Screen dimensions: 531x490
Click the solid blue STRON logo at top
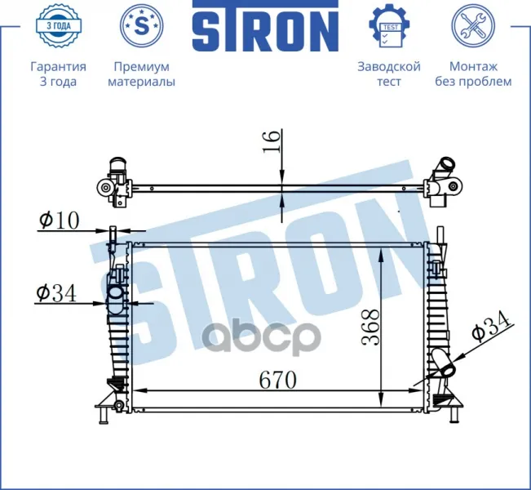point(265,26)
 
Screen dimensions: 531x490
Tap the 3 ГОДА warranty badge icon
point(58,25)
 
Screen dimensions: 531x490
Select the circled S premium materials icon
point(142,25)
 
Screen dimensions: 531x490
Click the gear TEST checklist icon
point(389,25)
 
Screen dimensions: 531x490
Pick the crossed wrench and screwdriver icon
point(473,25)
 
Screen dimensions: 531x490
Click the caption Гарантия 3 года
point(58,74)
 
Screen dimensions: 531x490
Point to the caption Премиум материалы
point(142,74)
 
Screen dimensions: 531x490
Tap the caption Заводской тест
point(389,74)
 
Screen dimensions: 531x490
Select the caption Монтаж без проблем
point(473,74)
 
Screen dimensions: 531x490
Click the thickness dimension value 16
point(272,141)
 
